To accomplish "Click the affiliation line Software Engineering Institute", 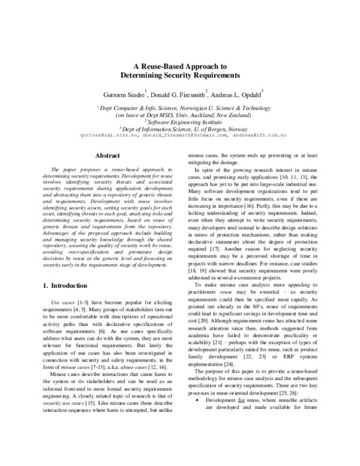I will pos(181,120).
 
